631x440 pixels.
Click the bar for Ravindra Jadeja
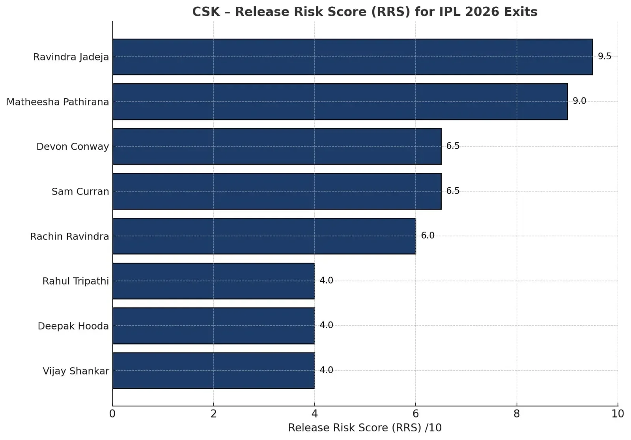click(x=352, y=57)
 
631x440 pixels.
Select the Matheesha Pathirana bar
click(x=340, y=101)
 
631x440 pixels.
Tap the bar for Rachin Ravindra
click(x=264, y=236)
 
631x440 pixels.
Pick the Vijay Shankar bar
click(x=213, y=371)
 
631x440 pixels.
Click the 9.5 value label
click(x=604, y=56)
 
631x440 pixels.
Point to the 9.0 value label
click(x=579, y=101)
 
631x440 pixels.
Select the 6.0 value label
click(x=428, y=236)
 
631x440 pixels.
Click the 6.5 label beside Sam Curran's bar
click(x=453, y=191)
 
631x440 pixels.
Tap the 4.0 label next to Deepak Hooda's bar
click(x=326, y=325)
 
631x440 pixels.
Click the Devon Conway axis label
click(x=73, y=146)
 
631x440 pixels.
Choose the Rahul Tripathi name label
click(x=75, y=281)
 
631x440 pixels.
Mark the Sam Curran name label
click(x=80, y=191)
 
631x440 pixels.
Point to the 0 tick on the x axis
click(x=112, y=414)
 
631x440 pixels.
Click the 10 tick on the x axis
click(x=618, y=414)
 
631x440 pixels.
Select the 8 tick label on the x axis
click(x=516, y=414)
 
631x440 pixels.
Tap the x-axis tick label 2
click(x=213, y=414)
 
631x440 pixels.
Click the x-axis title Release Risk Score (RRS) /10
click(x=365, y=428)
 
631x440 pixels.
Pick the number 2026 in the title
click(x=482, y=12)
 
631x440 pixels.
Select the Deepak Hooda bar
click(x=213, y=326)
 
